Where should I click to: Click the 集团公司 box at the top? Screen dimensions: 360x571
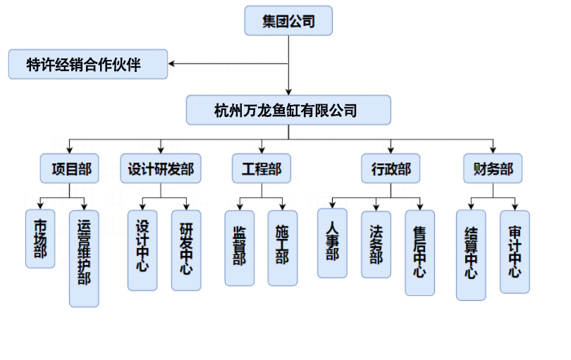(x=288, y=21)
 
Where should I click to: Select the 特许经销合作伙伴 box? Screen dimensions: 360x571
(x=88, y=65)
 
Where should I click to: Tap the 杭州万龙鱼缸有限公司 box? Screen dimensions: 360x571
(x=288, y=111)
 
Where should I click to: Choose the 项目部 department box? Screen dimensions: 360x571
(x=70, y=169)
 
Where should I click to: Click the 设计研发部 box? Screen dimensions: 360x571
(x=161, y=169)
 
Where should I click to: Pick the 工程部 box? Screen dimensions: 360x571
(x=262, y=169)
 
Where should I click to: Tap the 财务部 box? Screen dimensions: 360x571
(x=493, y=169)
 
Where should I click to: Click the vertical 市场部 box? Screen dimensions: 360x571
(x=40, y=239)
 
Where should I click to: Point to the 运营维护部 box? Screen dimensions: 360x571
(x=84, y=258)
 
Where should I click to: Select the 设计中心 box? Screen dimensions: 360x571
(x=142, y=250)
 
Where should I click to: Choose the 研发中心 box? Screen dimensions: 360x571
(x=186, y=250)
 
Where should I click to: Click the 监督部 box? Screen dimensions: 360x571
(x=240, y=247)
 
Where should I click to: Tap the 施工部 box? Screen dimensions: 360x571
(x=283, y=247)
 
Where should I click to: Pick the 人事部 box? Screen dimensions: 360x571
(x=332, y=242)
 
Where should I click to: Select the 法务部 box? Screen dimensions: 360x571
(x=376, y=244)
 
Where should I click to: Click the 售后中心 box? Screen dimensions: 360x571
(x=419, y=252)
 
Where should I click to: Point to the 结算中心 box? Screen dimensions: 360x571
(x=471, y=254)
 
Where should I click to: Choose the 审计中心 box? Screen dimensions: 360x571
(x=515, y=251)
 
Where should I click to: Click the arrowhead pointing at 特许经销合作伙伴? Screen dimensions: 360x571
(x=173, y=65)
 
